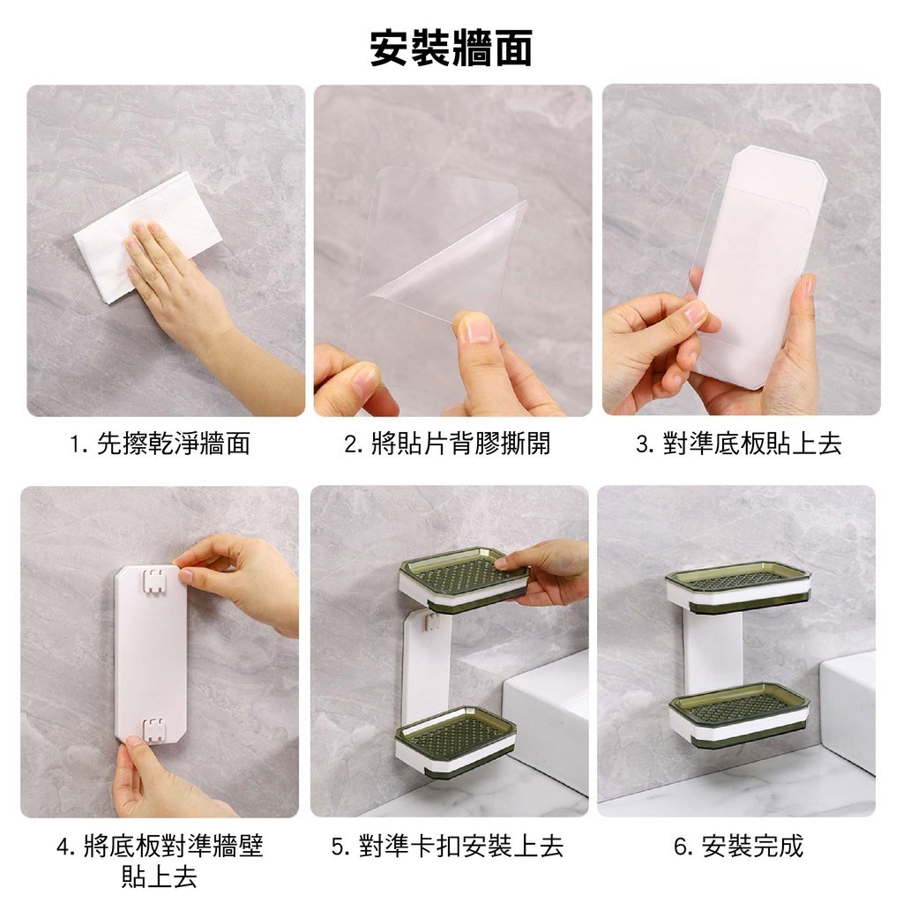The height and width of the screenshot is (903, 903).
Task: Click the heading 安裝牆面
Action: click(451, 49)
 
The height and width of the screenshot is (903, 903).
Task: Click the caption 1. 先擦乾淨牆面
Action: click(160, 444)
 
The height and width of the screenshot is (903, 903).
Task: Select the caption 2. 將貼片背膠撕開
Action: click(447, 444)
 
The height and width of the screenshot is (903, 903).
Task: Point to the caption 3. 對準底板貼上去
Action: click(739, 444)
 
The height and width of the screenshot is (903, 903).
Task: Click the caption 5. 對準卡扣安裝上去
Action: click(447, 846)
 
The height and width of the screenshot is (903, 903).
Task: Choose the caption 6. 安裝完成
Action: click(738, 846)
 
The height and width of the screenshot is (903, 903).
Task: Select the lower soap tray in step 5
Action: click(455, 743)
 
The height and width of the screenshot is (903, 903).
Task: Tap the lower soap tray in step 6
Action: click(740, 714)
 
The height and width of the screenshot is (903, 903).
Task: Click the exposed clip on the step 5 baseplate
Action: click(430, 621)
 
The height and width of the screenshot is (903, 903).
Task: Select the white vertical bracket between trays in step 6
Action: click(713, 648)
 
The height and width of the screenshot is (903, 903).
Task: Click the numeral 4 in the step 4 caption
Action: click(63, 847)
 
